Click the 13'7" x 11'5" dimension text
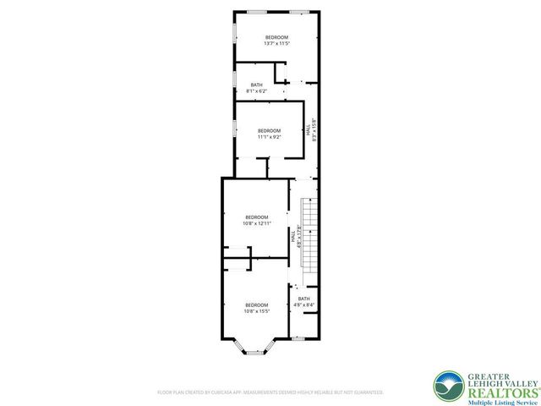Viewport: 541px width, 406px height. pyautogui.click(x=276, y=43)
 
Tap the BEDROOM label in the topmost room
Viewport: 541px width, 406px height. pyautogui.click(x=276, y=37)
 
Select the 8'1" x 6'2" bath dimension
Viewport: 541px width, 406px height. pyautogui.click(x=256, y=91)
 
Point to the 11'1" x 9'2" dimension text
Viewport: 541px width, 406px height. pyautogui.click(x=269, y=136)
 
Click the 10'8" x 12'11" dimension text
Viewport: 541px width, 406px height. pyautogui.click(x=256, y=223)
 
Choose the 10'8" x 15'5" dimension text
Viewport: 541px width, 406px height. pyautogui.click(x=256, y=310)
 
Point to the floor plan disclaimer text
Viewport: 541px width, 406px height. pyautogui.click(x=270, y=392)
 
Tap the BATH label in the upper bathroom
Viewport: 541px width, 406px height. pyautogui.click(x=256, y=85)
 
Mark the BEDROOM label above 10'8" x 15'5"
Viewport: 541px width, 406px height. pyautogui.click(x=256, y=304)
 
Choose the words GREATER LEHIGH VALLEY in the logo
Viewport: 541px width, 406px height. pyautogui.click(x=498, y=379)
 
